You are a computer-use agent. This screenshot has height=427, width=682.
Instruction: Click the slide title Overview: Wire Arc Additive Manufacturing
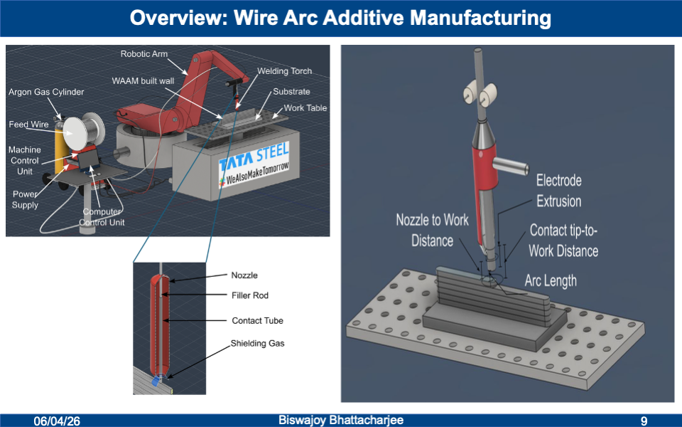click(x=340, y=18)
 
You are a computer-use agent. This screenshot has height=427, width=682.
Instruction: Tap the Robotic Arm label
click(x=144, y=54)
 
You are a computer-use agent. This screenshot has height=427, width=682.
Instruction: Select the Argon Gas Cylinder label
click(x=46, y=93)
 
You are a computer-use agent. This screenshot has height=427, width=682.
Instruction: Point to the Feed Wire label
click(x=28, y=125)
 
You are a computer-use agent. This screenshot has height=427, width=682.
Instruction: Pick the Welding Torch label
click(x=284, y=71)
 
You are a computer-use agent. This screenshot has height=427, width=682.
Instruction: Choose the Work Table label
click(x=305, y=108)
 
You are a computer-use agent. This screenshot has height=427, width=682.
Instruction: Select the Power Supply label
click(x=25, y=199)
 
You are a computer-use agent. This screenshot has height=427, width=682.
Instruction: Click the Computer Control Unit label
click(x=103, y=217)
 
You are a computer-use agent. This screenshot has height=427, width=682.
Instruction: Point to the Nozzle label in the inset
click(x=244, y=275)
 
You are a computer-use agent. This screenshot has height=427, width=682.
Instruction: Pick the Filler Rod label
click(x=250, y=295)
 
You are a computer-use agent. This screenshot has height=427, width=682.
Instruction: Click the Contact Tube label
click(x=257, y=321)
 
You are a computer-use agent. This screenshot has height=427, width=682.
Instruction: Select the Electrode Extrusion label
click(x=558, y=190)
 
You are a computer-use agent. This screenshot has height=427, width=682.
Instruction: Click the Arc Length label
click(x=551, y=280)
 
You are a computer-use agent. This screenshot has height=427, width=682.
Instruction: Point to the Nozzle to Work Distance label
click(x=432, y=230)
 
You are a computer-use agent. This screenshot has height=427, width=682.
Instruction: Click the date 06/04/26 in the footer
click(x=58, y=421)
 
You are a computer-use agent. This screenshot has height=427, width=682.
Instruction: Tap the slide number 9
click(x=644, y=421)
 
